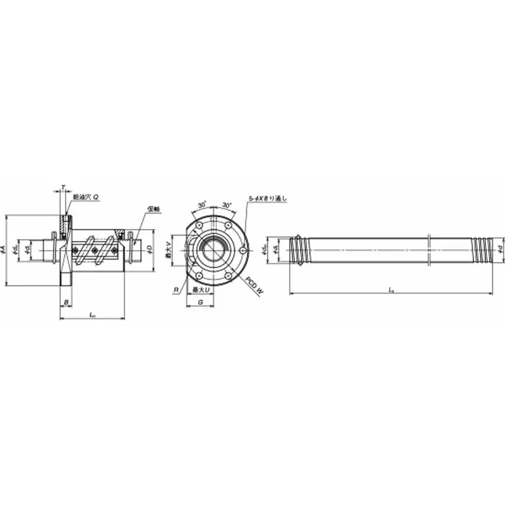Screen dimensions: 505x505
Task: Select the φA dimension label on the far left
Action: pos(4,250)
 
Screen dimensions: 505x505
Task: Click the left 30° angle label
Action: pos(201,205)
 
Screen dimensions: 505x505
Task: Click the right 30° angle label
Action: pos(227,205)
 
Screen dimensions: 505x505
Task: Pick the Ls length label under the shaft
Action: pos(391,290)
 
